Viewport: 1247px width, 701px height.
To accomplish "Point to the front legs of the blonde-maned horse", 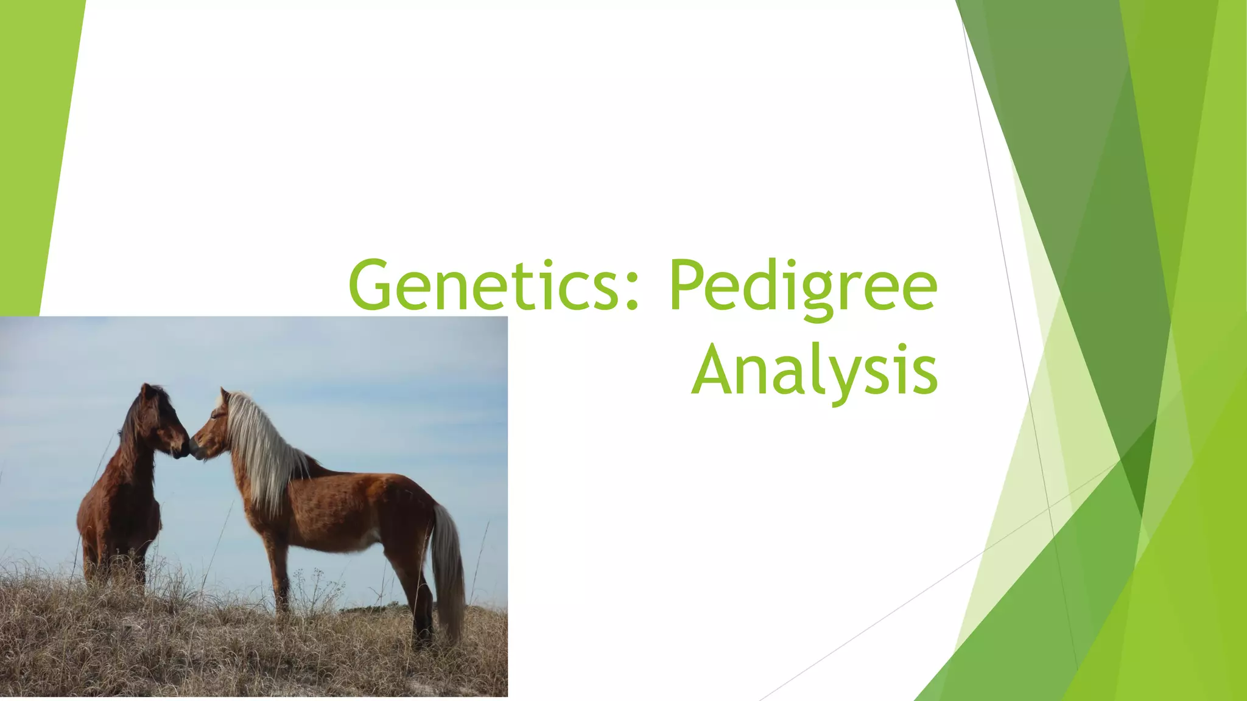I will tap(280, 572).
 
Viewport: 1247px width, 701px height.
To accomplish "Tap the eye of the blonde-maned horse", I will tap(214, 416).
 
